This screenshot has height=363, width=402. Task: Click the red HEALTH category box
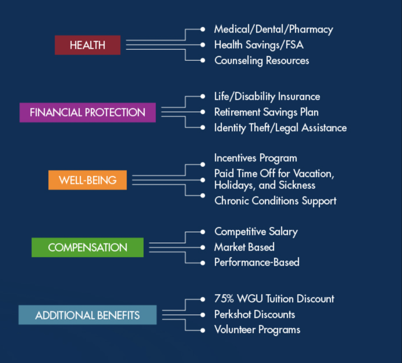click(x=87, y=45)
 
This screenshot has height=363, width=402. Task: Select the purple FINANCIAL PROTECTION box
click(x=87, y=112)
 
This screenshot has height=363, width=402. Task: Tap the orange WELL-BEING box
click(x=87, y=180)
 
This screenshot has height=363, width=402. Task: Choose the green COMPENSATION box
click(x=87, y=247)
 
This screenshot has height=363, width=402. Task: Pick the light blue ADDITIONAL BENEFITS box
click(x=87, y=315)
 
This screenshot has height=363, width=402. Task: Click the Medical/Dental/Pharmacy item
click(x=273, y=29)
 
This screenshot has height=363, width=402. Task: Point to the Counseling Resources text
click(x=262, y=60)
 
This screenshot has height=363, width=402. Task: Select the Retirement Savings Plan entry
click(x=266, y=112)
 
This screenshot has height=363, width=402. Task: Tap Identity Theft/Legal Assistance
click(x=280, y=128)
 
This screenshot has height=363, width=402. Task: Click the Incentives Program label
click(x=255, y=158)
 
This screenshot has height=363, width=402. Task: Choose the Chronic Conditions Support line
click(x=275, y=201)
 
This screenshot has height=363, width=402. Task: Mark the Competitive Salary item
click(x=256, y=232)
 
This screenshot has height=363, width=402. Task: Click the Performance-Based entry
click(x=257, y=262)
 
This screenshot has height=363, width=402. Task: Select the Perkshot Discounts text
click(x=254, y=314)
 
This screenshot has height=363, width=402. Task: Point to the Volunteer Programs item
click(x=257, y=330)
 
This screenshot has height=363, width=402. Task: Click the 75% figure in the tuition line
click(x=224, y=299)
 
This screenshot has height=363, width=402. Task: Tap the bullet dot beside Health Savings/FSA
click(x=203, y=45)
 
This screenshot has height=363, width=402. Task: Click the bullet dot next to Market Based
click(x=203, y=247)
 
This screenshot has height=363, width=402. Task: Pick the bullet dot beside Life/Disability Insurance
click(x=203, y=96)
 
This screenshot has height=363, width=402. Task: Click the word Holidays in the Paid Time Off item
click(x=234, y=185)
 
